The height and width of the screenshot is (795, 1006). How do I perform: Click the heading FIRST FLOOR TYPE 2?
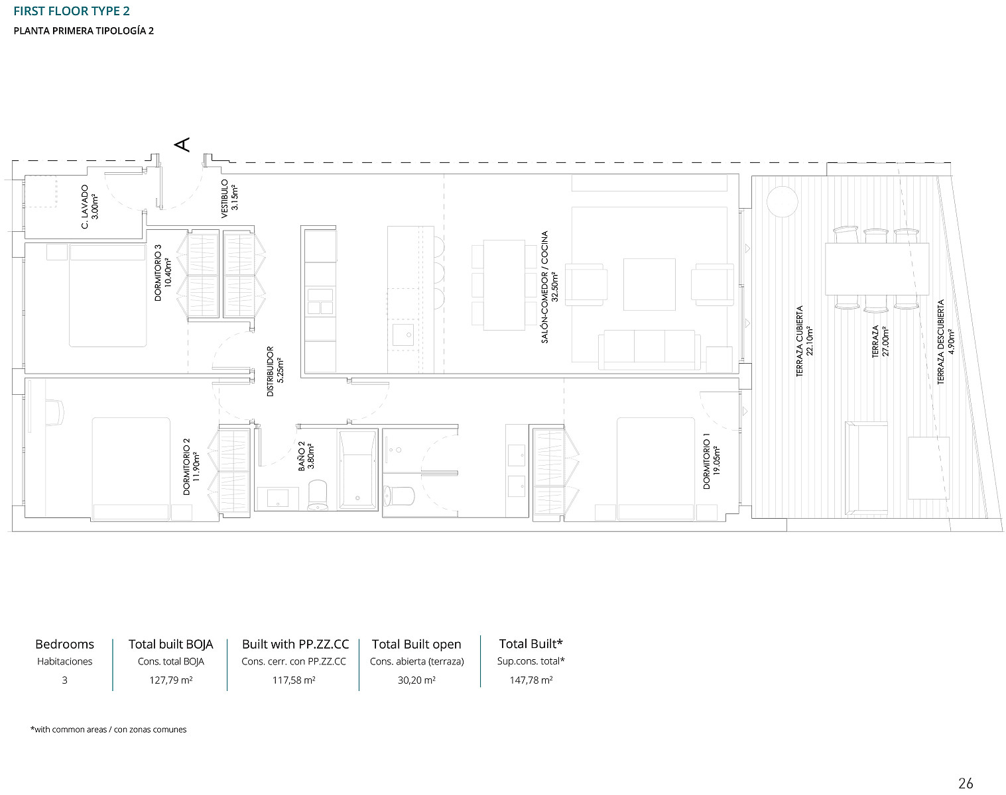tap(72, 11)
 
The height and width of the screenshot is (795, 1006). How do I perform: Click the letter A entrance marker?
tap(182, 144)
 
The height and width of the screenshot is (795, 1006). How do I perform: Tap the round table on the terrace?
tap(782, 202)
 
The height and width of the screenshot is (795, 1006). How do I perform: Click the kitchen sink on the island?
tap(403, 335)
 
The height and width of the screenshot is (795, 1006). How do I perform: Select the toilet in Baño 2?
tap(318, 495)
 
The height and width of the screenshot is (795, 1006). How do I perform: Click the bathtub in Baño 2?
tap(357, 470)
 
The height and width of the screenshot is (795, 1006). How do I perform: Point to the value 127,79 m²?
tap(170, 680)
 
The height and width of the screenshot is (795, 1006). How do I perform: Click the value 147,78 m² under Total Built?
tap(531, 680)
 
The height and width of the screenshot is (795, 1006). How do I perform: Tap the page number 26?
tap(966, 783)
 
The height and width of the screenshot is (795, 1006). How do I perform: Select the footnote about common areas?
tap(109, 729)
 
